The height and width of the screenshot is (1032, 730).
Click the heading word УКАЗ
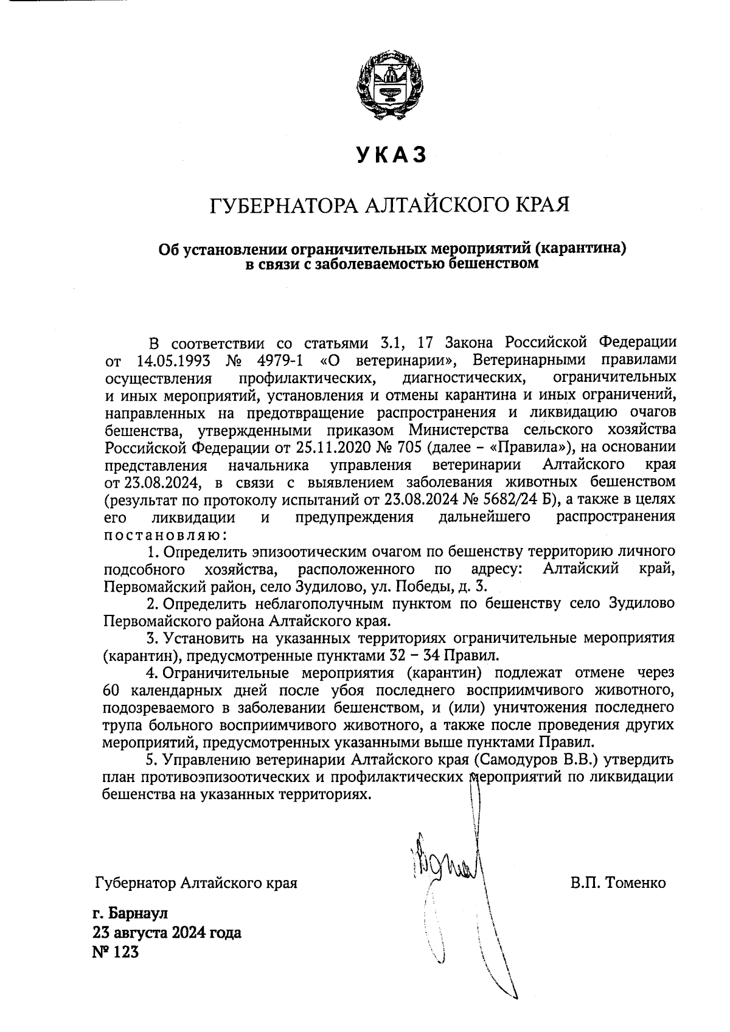coord(391,155)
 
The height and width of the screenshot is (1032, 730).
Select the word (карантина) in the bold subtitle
coord(583,249)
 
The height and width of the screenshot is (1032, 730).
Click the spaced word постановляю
coord(165,535)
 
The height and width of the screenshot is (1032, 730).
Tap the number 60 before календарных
coord(114,691)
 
